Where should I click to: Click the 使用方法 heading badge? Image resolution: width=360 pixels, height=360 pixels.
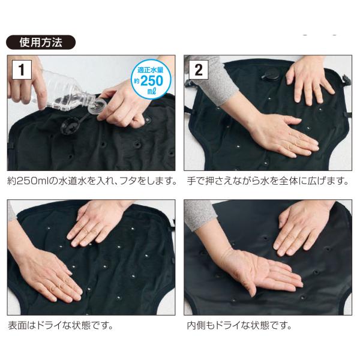pyautogui.click(x=41, y=43)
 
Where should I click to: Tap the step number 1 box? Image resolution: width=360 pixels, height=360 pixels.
pyautogui.click(x=22, y=70)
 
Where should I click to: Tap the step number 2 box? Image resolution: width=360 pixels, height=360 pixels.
pyautogui.click(x=199, y=70)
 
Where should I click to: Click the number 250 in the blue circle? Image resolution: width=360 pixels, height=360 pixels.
pyautogui.click(x=152, y=80)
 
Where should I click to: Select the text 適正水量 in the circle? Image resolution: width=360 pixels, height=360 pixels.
pyautogui.click(x=151, y=70)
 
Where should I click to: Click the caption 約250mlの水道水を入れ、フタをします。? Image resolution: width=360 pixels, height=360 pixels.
pyautogui.click(x=92, y=181)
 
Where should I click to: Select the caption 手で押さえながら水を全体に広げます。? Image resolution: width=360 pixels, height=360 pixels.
pyautogui.click(x=268, y=181)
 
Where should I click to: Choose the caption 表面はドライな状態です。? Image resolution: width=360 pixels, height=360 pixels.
pyautogui.click(x=61, y=325)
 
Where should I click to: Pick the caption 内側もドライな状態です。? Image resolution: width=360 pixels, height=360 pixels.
pyautogui.click(x=239, y=325)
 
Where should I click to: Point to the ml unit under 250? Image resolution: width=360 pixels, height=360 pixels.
pyautogui.click(x=152, y=91)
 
